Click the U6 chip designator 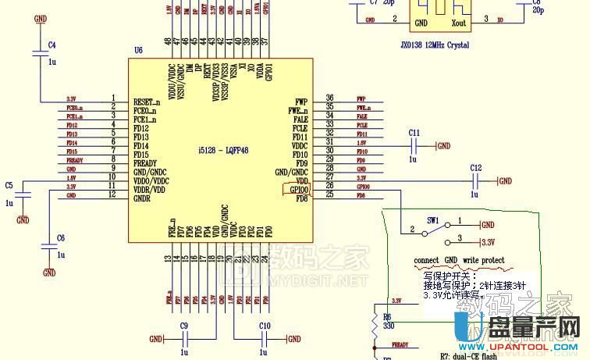click(138, 50)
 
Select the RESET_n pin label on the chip click(147, 102)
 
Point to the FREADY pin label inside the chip click(147, 162)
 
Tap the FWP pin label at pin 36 click(302, 102)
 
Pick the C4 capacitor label click(52, 46)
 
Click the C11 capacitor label click(414, 133)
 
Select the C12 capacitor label click(476, 168)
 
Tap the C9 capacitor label click(184, 325)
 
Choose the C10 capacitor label click(265, 325)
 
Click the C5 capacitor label click(9, 185)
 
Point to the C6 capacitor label click(61, 237)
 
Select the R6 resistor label click(386, 316)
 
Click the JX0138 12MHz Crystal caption click(433, 45)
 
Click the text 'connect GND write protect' click(459, 260)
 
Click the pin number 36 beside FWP click(330, 98)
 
